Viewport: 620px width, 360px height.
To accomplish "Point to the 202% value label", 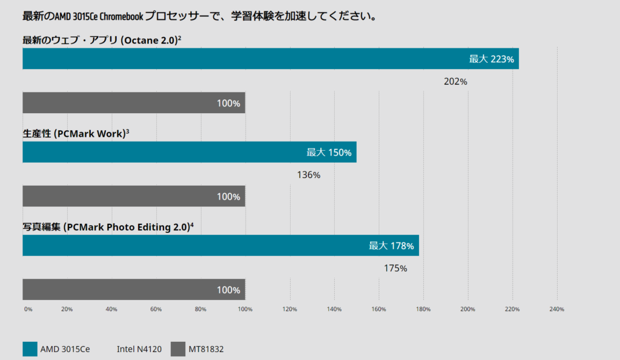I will [x=455, y=82].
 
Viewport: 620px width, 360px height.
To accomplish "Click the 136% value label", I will [x=309, y=175].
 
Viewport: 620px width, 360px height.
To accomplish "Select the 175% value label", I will [x=395, y=268].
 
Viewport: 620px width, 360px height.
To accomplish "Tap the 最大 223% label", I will [x=492, y=59].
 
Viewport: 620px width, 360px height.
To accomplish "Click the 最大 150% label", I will [x=329, y=152].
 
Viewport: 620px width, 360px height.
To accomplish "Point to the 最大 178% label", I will [x=392, y=246].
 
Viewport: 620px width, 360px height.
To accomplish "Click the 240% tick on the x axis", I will [x=556, y=310].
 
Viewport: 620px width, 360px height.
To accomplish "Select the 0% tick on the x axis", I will [x=28, y=310].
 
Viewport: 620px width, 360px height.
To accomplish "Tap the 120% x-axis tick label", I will [x=290, y=310].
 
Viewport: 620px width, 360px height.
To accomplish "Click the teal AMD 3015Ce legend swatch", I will [x=30, y=349].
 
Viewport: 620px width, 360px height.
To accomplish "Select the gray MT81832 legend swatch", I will [x=178, y=349].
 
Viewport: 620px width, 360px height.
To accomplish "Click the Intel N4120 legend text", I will [x=139, y=349].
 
